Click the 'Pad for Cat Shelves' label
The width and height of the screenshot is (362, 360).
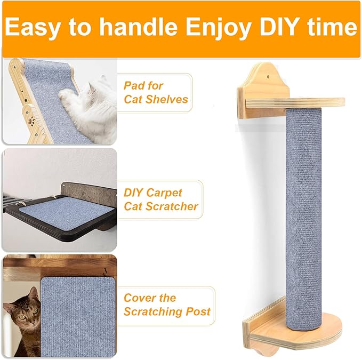156,92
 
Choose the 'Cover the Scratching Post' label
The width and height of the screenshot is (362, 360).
166,305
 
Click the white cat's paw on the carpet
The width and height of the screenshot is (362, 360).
68,96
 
